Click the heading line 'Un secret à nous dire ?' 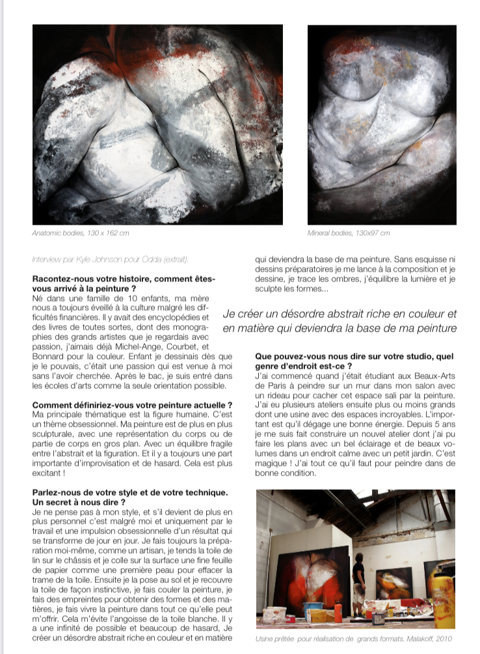(78, 503)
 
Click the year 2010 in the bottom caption (442, 638)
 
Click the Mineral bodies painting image (382, 125)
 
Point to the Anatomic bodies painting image (157, 125)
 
